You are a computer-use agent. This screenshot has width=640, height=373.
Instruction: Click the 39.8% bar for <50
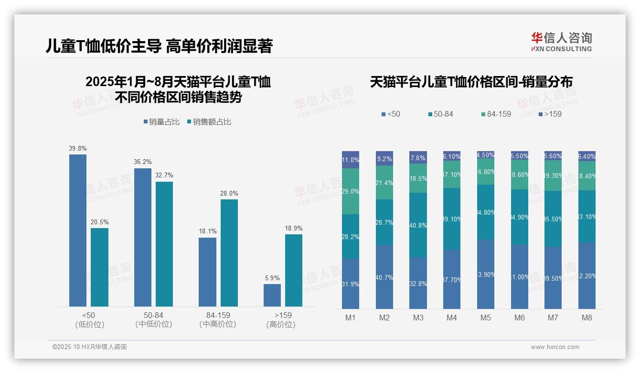pos(78,230)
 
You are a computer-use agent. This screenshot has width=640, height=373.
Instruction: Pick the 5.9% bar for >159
pos(272,295)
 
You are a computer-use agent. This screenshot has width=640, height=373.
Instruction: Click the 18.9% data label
pos(294,228)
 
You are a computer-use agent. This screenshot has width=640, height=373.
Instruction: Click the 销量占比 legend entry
pos(162,122)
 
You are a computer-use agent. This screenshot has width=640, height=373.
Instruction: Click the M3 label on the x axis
pos(418,318)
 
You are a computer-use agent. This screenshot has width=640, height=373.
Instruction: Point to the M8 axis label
pos(587,318)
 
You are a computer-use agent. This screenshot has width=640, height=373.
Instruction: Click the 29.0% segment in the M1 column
pos(351,191)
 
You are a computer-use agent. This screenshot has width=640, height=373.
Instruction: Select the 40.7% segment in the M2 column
pos(384,277)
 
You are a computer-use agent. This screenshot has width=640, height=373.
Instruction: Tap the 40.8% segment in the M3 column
pos(418,225)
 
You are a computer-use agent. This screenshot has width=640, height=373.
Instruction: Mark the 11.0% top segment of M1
pos(351,160)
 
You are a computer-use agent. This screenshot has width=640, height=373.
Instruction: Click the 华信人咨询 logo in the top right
pos(561,42)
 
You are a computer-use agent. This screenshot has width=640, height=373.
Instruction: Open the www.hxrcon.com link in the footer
pos(555,347)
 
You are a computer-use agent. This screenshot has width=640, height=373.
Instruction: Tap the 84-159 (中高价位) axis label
pos(218,319)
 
